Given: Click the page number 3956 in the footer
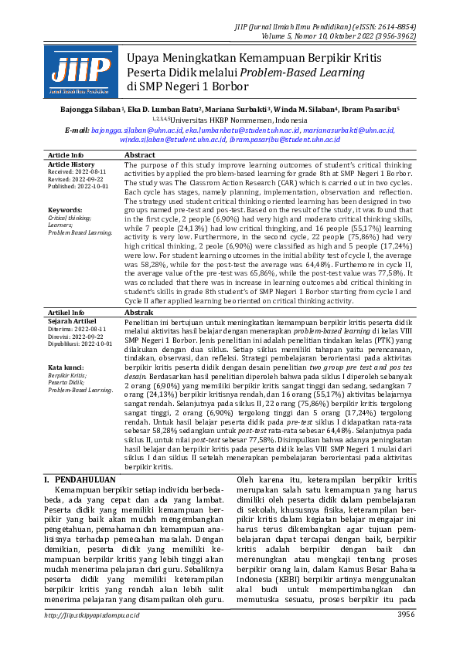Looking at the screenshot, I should coord(406,635).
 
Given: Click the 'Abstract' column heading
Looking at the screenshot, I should coord(140,155).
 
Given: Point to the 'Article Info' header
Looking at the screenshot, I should coord(66,155).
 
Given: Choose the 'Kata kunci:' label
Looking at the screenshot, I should coord(66,367).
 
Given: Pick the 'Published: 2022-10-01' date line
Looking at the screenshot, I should coord(78,186).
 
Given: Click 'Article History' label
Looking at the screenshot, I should coord(71,164).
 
